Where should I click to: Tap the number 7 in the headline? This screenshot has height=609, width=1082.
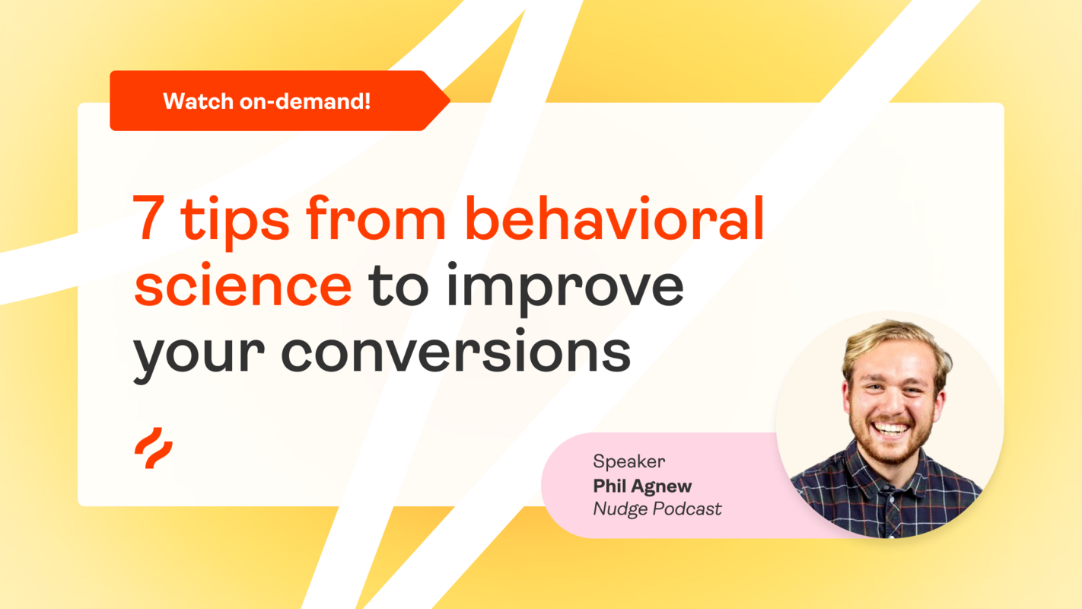pyautogui.click(x=151, y=218)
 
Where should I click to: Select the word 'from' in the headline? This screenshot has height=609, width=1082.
pyautogui.click(x=376, y=218)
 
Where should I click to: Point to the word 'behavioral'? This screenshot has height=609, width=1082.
pyautogui.click(x=613, y=218)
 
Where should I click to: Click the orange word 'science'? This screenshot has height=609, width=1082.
pyautogui.click(x=243, y=285)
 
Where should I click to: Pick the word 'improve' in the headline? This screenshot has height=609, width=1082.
pyautogui.click(x=565, y=288)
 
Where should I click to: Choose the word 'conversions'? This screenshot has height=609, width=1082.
pyautogui.click(x=456, y=352)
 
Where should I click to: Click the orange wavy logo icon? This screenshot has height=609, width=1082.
pyautogui.click(x=153, y=448)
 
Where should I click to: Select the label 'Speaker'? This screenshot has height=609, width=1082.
pyautogui.click(x=629, y=461)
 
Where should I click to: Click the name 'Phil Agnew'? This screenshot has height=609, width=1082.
pyautogui.click(x=642, y=485)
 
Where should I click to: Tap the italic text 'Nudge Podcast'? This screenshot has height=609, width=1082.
pyautogui.click(x=657, y=509)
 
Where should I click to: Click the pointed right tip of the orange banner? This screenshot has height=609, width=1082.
pyautogui.click(x=447, y=100)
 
